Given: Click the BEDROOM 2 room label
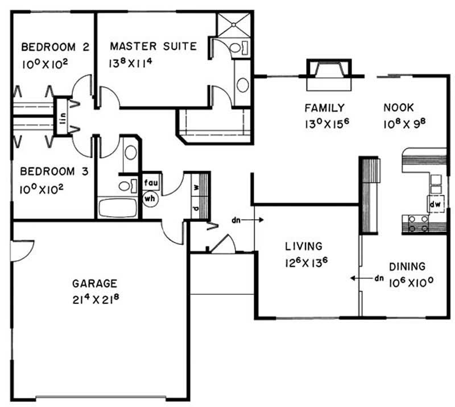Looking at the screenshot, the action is click(x=55, y=47).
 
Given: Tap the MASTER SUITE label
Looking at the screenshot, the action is click(x=154, y=46).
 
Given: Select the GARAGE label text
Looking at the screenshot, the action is click(x=94, y=283).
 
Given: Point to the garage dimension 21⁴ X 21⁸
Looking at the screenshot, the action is click(x=96, y=299).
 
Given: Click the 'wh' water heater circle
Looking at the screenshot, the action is click(x=150, y=199).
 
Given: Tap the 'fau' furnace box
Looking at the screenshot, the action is click(x=151, y=183).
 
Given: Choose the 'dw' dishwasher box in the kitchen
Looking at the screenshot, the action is click(x=435, y=204).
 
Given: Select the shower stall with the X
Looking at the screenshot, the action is click(x=234, y=25).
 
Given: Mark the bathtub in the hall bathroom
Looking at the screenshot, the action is click(x=118, y=208).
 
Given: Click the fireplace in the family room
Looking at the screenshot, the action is click(x=329, y=75).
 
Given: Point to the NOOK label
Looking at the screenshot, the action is click(x=399, y=108).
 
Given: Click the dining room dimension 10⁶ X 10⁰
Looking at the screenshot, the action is click(x=411, y=282).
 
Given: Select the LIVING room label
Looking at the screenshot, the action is click(x=304, y=246).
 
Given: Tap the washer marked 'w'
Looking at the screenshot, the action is click(x=196, y=187).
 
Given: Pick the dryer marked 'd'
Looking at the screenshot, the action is click(x=196, y=208).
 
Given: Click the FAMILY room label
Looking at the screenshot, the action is click(x=324, y=108).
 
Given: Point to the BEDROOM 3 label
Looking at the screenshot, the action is click(x=54, y=171).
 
